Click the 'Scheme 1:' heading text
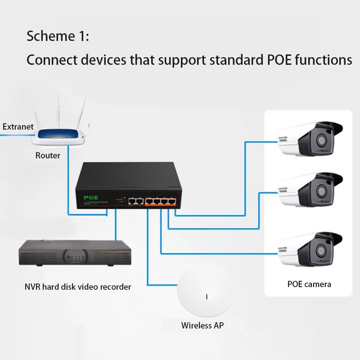coord(58,36)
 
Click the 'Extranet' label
coord(18,126)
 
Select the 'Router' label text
coord(48,155)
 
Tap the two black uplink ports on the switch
coord(135,202)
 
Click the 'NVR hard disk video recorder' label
coord(78,286)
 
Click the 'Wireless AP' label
coord(202,325)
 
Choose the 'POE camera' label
coord(309,284)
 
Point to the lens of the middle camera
coord(322,192)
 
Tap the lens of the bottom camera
coord(322,250)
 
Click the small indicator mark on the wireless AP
coord(206,297)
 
